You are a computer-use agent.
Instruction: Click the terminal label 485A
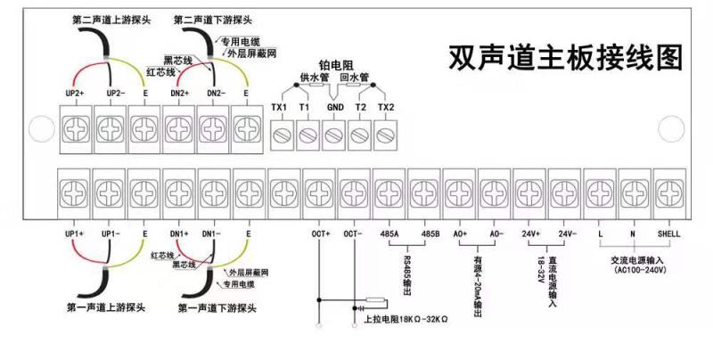click(389, 233)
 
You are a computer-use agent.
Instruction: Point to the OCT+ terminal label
click(320, 233)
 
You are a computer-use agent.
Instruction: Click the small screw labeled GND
click(334, 136)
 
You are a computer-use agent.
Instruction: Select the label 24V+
click(531, 233)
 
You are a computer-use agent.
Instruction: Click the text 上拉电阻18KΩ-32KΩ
click(406, 318)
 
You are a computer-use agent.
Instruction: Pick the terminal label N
click(633, 233)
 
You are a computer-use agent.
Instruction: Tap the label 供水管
click(316, 78)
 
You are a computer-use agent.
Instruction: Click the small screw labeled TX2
click(385, 136)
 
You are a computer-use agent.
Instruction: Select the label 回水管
click(354, 78)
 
